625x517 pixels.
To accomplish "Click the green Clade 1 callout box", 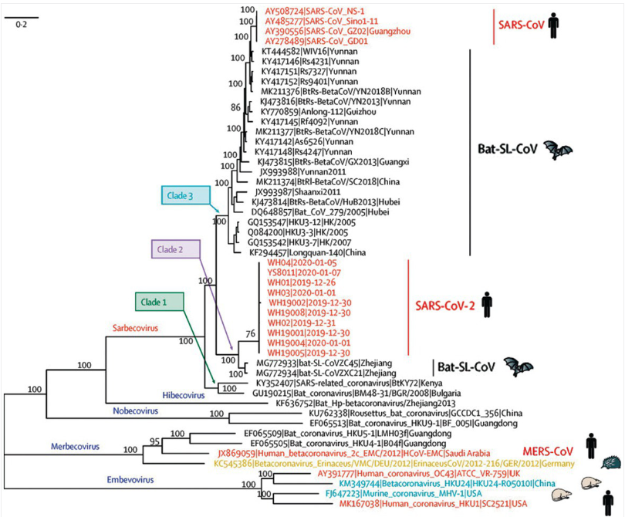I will click(156, 301).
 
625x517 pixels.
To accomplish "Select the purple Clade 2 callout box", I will click(175, 248).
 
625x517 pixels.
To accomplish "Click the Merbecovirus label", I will click(79, 446).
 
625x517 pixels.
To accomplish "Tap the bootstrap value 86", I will click(245, 107).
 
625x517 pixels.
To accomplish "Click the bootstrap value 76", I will click(250, 333).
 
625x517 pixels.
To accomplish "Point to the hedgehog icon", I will click(596, 462).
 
